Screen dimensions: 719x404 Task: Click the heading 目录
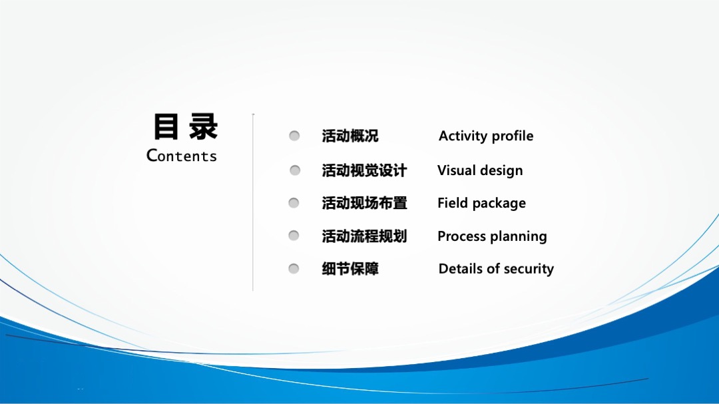(x=185, y=126)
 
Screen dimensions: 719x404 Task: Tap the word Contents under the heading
(x=182, y=156)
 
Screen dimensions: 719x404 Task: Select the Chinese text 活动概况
(x=350, y=136)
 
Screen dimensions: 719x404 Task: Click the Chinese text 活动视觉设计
(x=364, y=170)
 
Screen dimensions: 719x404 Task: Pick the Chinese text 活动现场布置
(x=364, y=203)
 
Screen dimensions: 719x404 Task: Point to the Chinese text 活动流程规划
(x=364, y=236)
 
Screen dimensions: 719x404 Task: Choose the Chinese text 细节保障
(x=350, y=269)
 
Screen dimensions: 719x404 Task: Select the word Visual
(x=456, y=170)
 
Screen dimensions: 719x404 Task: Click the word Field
(x=452, y=202)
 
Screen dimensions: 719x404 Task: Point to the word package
(x=499, y=204)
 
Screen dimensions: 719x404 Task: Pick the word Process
(x=461, y=236)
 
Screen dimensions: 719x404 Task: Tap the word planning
(x=518, y=237)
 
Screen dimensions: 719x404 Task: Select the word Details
(x=461, y=268)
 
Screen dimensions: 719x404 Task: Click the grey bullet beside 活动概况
(x=294, y=136)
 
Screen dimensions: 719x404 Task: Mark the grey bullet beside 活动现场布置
(x=294, y=203)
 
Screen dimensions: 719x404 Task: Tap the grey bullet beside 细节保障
(x=294, y=268)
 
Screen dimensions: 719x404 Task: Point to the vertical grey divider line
(x=253, y=202)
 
